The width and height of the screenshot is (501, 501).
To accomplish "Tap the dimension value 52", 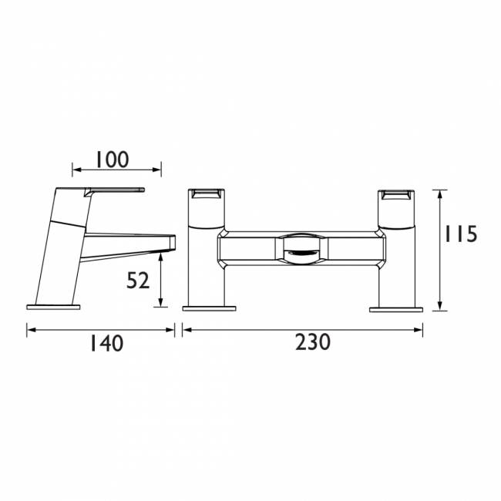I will [x=137, y=281].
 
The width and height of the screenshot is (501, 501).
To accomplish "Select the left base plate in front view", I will [x=208, y=309].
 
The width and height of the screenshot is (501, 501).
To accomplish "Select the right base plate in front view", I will [x=397, y=309].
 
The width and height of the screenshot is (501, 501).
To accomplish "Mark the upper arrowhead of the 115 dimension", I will [x=439, y=192].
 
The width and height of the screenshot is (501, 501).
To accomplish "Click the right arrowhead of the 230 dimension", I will [x=420, y=330].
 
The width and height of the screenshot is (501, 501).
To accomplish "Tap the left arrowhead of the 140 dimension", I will [x=30, y=330].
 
